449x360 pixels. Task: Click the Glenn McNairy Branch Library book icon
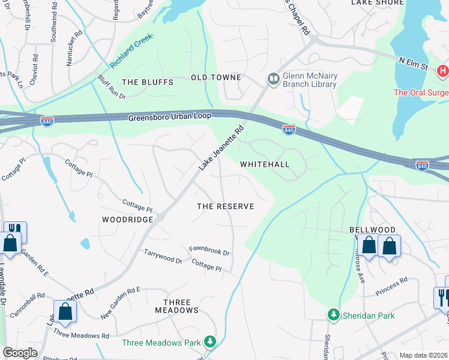click(273, 79)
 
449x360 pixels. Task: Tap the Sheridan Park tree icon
click(333, 314)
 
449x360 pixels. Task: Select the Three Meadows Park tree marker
click(209, 342)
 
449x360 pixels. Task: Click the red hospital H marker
click(443, 71)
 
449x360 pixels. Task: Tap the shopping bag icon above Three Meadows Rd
click(65, 312)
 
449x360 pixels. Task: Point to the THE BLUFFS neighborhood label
click(147, 82)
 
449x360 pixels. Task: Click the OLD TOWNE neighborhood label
click(216, 77)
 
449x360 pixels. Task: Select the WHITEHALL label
click(265, 164)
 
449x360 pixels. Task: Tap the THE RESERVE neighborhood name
click(226, 206)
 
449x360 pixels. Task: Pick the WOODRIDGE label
click(128, 220)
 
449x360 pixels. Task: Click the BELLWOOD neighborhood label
click(372, 230)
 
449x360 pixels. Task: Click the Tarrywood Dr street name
click(163, 256)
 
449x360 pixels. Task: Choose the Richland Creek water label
click(132, 51)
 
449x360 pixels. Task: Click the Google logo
click(20, 353)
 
